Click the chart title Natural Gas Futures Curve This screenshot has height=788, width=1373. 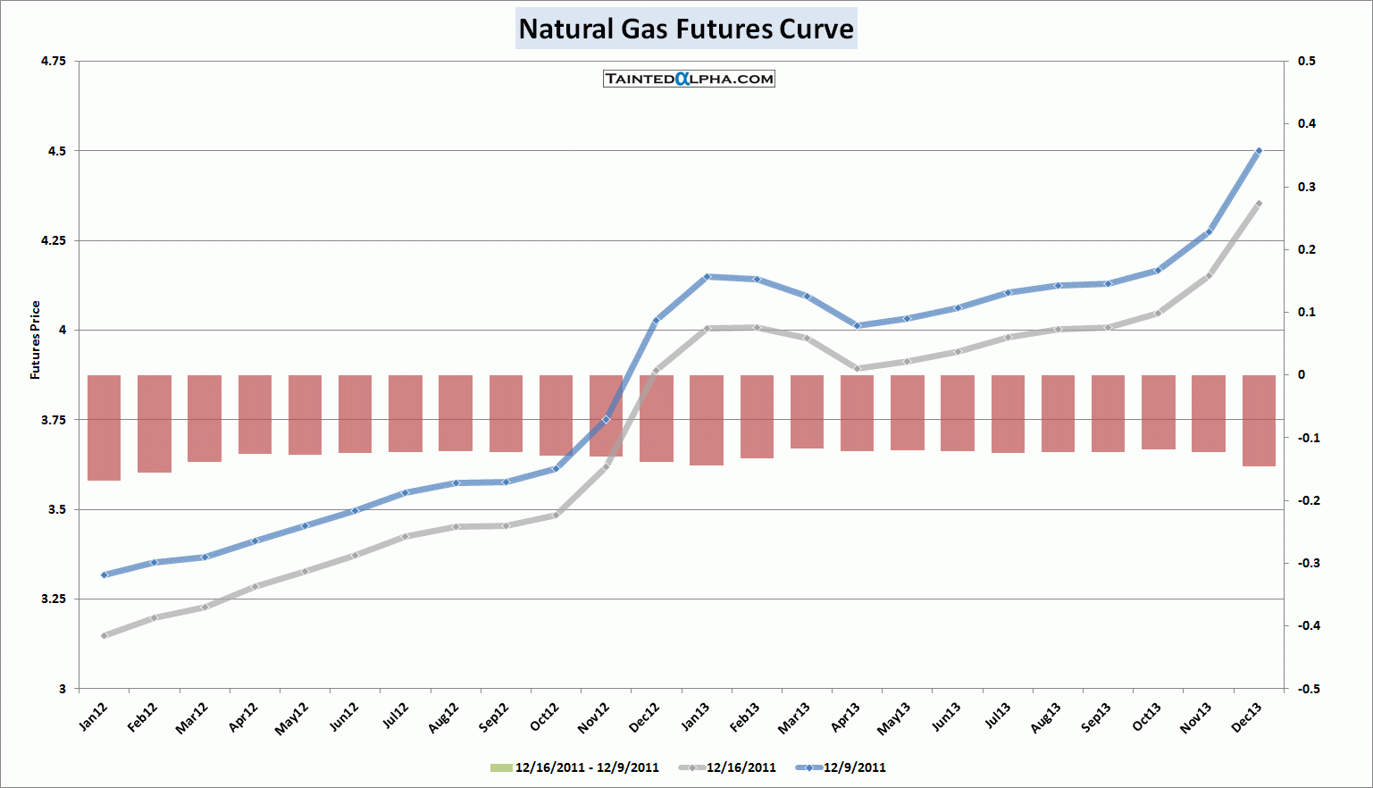686,29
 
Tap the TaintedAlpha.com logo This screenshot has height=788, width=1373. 689,79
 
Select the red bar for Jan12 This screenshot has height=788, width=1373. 104,427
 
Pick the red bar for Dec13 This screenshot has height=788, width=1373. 1259,420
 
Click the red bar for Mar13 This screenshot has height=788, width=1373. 807,411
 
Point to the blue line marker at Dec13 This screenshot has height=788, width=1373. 1259,151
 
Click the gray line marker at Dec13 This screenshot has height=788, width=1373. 1259,204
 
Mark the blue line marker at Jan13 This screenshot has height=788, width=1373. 707,277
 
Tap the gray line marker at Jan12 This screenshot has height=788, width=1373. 104,635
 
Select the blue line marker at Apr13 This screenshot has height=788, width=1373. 857,325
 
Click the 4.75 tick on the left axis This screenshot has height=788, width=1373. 54,61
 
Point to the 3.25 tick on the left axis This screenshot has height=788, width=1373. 54,599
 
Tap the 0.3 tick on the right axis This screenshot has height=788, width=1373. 1306,187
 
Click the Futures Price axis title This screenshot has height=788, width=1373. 36,340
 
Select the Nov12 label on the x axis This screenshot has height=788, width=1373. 593,717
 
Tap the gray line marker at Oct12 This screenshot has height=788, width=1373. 556,515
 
